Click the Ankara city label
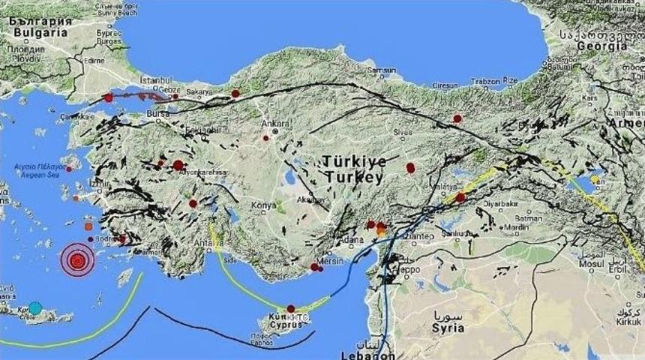269,121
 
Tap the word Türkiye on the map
355,161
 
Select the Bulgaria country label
39,32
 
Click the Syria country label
448,328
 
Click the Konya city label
263,205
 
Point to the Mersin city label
329,261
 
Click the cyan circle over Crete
35,307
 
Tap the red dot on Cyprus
289,308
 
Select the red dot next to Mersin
315,266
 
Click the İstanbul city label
156,79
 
